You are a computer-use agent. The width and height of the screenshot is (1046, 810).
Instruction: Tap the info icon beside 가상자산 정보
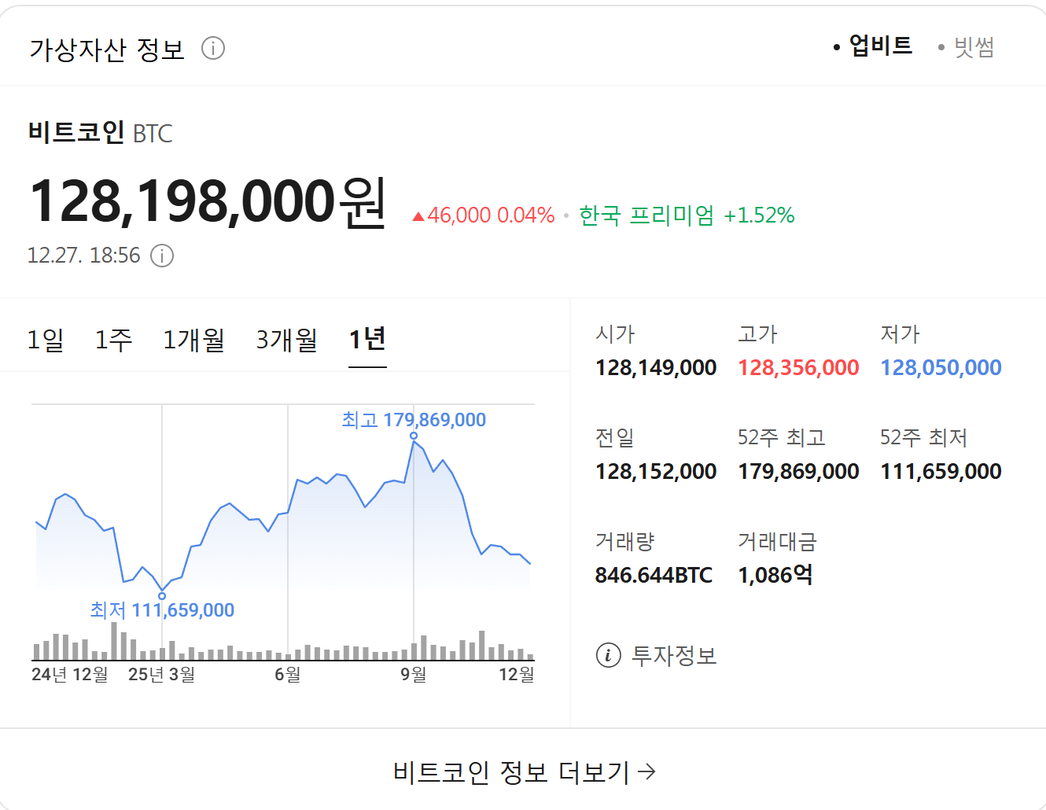(213, 48)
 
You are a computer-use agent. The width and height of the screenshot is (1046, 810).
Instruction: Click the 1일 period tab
(46, 340)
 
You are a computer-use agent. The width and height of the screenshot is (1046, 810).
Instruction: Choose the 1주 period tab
(113, 340)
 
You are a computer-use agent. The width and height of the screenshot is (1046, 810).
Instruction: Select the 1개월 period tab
(193, 340)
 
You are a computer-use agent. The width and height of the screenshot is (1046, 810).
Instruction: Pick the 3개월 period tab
(286, 340)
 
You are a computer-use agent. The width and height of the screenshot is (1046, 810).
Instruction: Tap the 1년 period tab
(367, 340)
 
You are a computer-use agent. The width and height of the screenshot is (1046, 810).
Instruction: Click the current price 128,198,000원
(208, 201)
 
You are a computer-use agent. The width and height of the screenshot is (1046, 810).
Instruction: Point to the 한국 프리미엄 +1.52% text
(687, 215)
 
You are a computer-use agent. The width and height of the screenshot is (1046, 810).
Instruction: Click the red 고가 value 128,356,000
(798, 367)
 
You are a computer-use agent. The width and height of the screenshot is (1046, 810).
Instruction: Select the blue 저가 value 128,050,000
(941, 367)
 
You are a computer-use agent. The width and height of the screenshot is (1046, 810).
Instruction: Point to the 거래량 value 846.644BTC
(654, 575)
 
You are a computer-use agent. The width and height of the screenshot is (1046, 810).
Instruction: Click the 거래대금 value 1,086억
(775, 575)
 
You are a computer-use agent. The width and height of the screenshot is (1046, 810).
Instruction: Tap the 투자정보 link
(657, 655)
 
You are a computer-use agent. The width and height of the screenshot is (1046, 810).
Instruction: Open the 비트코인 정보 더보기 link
(524, 772)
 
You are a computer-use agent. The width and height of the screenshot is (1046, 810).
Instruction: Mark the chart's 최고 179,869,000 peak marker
(414, 436)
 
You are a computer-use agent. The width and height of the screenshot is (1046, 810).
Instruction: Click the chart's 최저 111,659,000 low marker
(162, 596)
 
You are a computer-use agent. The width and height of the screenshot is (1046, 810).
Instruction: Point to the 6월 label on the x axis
(288, 674)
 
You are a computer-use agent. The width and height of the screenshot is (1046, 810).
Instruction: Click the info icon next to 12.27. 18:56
(162, 256)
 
